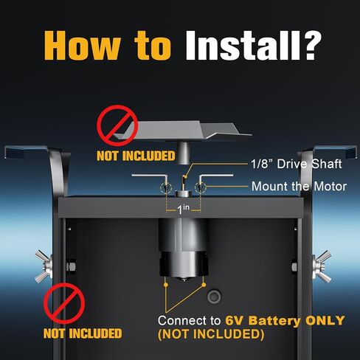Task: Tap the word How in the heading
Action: pyautogui.click(x=83, y=46)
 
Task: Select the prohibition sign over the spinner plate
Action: pyautogui.click(x=117, y=125)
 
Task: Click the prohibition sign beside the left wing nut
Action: pyautogui.click(x=64, y=303)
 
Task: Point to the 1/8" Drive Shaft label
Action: pyautogui.click(x=297, y=164)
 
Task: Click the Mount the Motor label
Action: pyautogui.click(x=299, y=186)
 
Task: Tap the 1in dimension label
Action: pyautogui.click(x=183, y=209)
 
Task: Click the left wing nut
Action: pyautogui.click(x=44, y=266)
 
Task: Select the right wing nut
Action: pyautogui.click(x=322, y=266)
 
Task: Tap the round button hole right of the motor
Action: pyautogui.click(x=214, y=297)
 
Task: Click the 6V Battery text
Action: pyautogui.click(x=263, y=320)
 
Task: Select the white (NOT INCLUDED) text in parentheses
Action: pyautogui.click(x=211, y=334)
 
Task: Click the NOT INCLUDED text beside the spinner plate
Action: pyautogui.click(x=136, y=156)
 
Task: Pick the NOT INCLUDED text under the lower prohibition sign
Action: pyautogui.click(x=83, y=333)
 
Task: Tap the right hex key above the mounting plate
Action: pyautogui.click(x=215, y=176)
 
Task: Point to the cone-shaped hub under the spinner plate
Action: pyautogui.click(x=183, y=152)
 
